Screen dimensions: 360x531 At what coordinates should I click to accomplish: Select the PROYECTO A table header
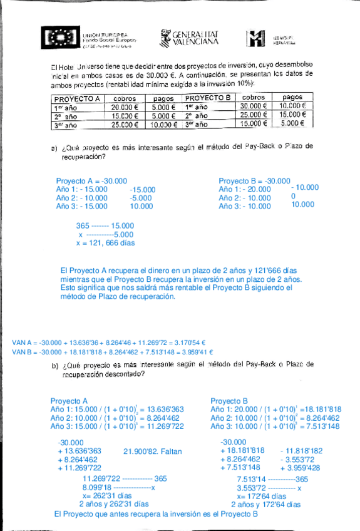[x=78, y=98]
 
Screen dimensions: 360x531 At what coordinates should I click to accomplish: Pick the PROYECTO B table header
[x=208, y=98]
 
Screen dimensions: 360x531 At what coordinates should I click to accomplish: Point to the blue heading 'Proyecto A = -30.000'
[x=91, y=180]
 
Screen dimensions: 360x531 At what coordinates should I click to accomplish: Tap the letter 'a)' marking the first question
[x=55, y=148]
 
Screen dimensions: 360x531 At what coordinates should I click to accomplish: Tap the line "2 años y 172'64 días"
[x=266, y=503]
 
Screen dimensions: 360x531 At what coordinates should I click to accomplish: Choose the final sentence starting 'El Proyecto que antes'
[x=156, y=513]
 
